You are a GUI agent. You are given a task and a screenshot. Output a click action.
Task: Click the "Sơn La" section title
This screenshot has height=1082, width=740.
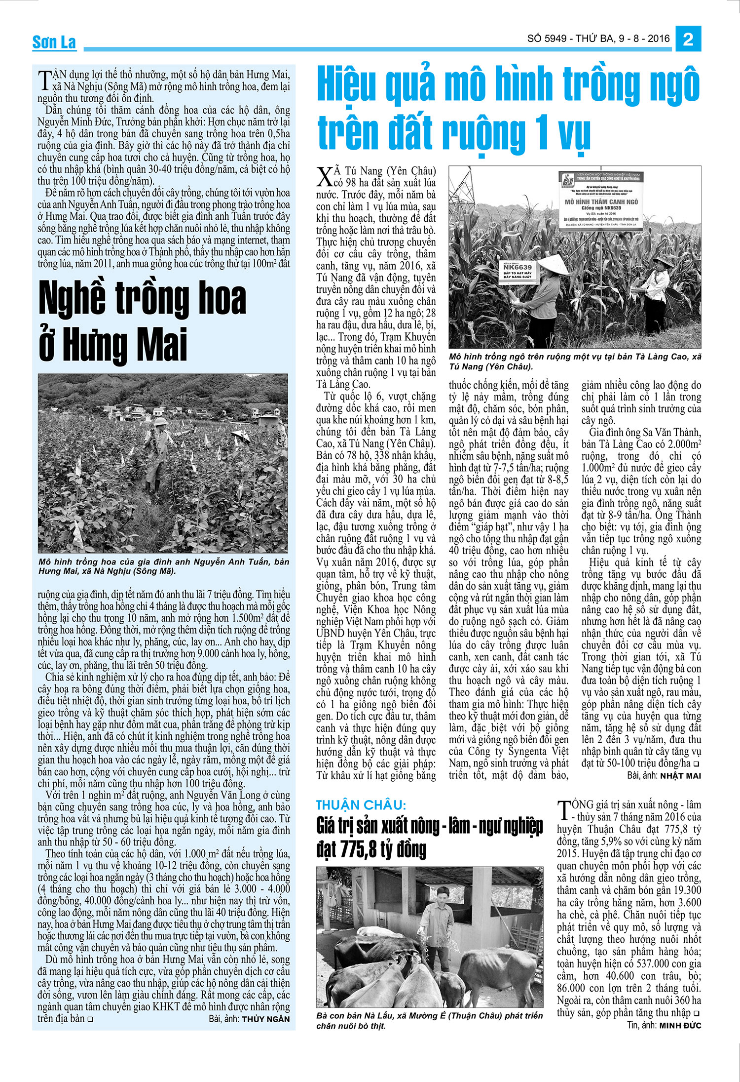(x=54, y=42)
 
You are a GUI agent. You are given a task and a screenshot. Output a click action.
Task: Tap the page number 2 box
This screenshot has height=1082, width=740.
(x=688, y=39)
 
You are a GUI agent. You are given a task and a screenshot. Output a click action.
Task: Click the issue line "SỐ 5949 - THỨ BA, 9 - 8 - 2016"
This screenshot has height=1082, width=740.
(x=598, y=39)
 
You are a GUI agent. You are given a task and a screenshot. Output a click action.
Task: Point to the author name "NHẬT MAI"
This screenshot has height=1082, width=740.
(x=681, y=776)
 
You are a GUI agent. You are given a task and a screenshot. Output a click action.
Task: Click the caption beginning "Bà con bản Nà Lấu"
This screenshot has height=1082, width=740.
(x=429, y=1021)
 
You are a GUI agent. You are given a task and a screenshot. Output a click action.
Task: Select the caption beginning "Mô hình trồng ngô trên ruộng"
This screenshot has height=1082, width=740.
(x=575, y=361)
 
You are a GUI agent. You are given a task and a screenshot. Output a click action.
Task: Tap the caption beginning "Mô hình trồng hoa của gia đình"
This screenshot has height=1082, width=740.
(x=163, y=566)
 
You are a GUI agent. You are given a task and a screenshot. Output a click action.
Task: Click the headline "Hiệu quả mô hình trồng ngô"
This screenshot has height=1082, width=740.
(x=508, y=109)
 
